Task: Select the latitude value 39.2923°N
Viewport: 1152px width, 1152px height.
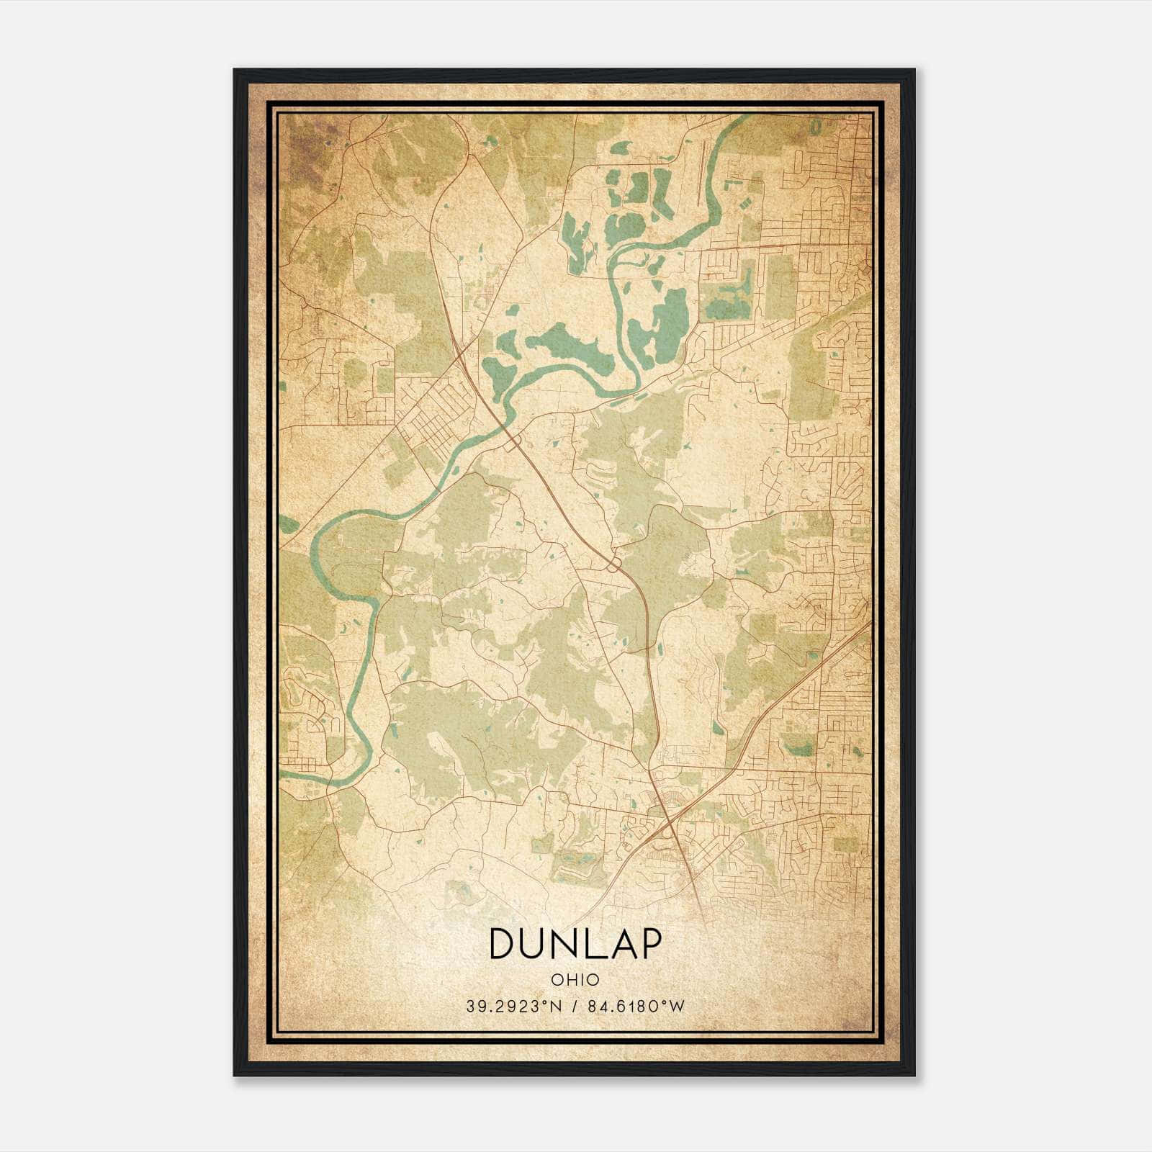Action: [513, 1007]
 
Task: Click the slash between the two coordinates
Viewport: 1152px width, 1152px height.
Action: [572, 1007]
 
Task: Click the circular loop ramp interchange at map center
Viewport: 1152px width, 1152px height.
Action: [614, 564]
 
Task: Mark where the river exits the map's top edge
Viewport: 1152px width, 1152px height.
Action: [745, 116]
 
